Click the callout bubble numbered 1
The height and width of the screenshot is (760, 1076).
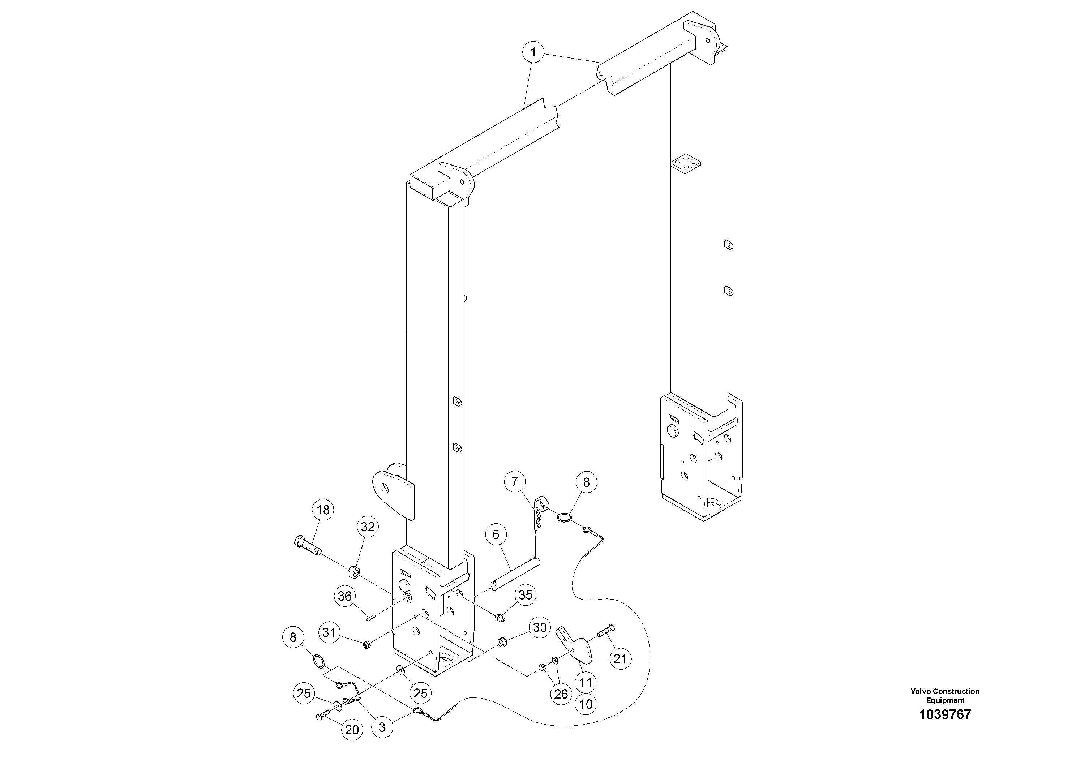533,52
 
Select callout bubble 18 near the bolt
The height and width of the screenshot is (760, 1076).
323,510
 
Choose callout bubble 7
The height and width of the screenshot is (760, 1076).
515,482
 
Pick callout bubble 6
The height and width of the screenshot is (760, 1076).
496,534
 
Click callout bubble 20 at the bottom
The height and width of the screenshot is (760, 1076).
352,730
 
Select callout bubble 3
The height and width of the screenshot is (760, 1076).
382,728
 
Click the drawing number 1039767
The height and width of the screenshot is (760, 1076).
945,714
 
